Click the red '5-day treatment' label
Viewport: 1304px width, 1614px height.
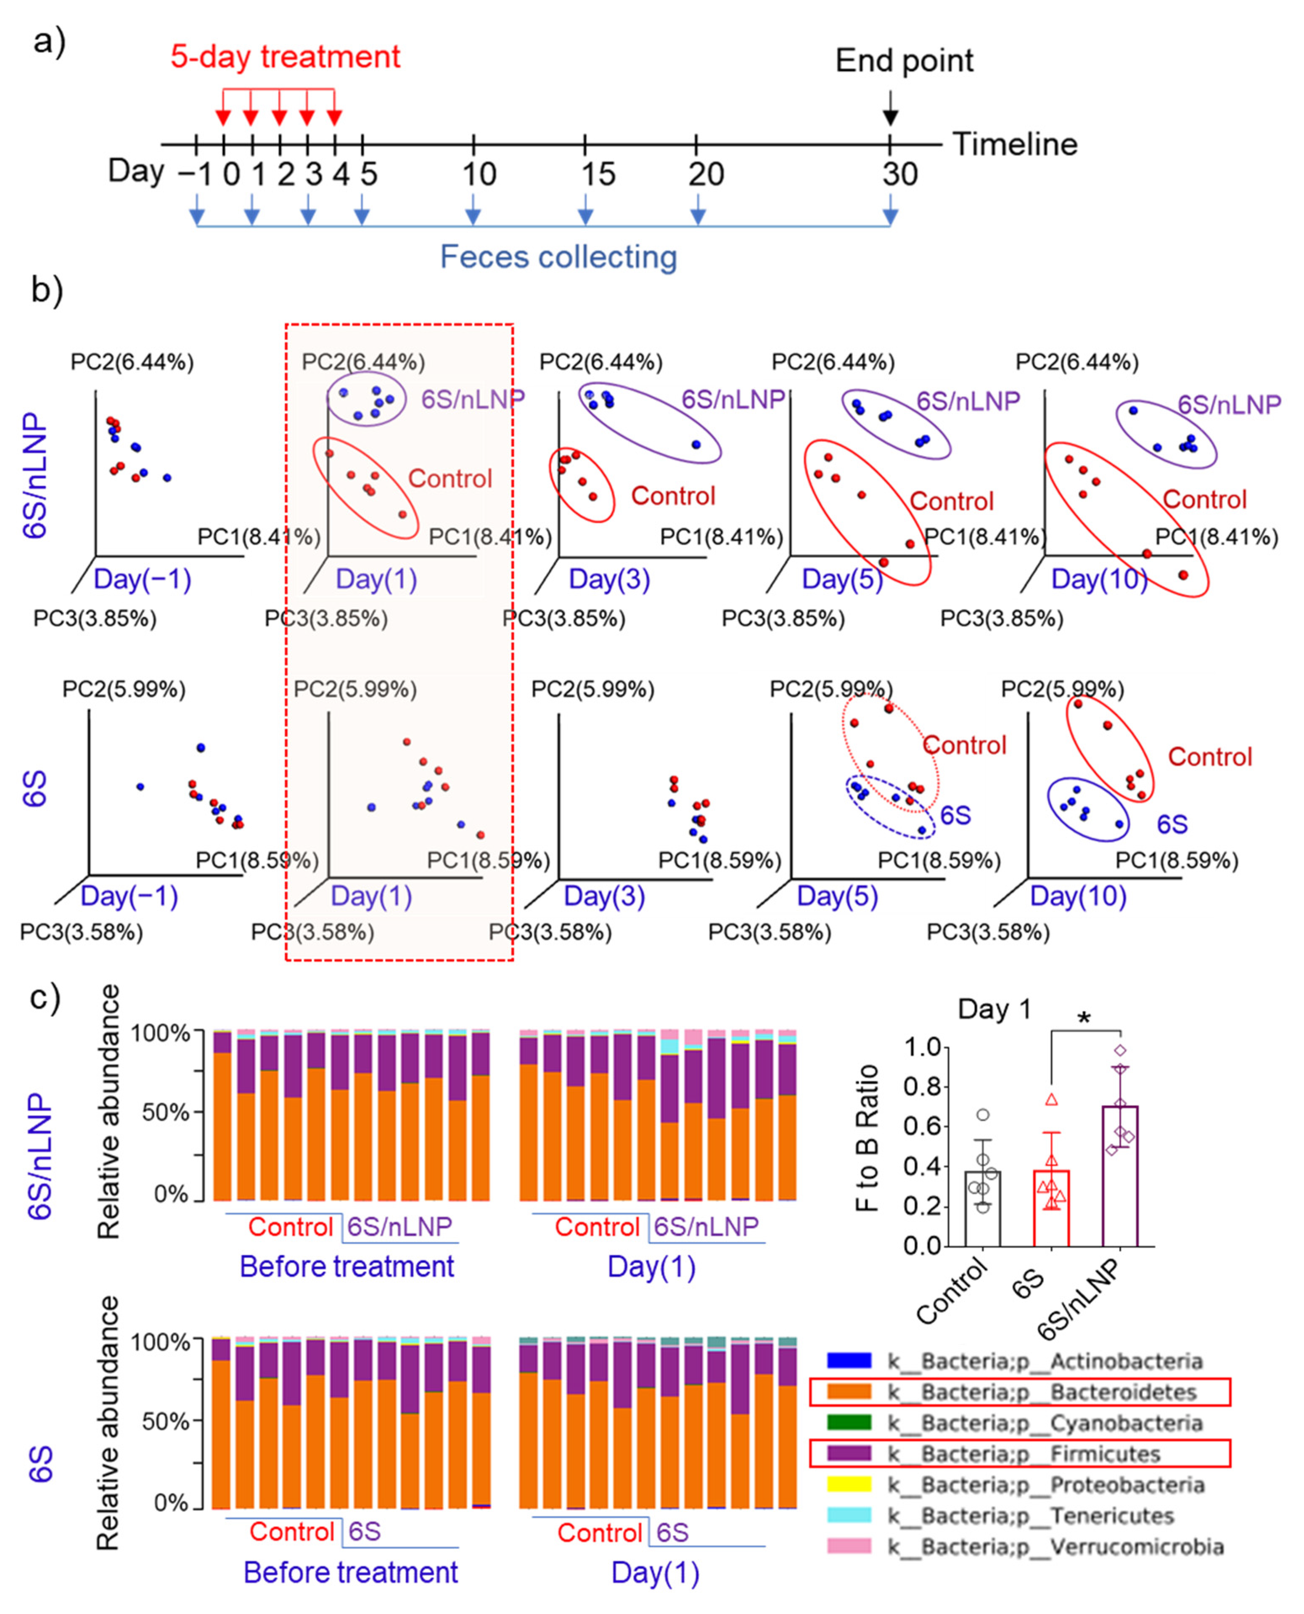point(286,57)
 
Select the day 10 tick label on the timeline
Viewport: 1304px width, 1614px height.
point(479,174)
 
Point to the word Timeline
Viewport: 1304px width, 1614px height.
point(1015,144)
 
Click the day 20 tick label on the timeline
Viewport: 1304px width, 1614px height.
point(706,174)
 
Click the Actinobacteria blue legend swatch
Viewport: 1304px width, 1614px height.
point(849,1361)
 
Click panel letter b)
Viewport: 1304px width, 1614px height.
point(47,290)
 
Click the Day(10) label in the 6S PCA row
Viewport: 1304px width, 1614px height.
point(1078,896)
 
